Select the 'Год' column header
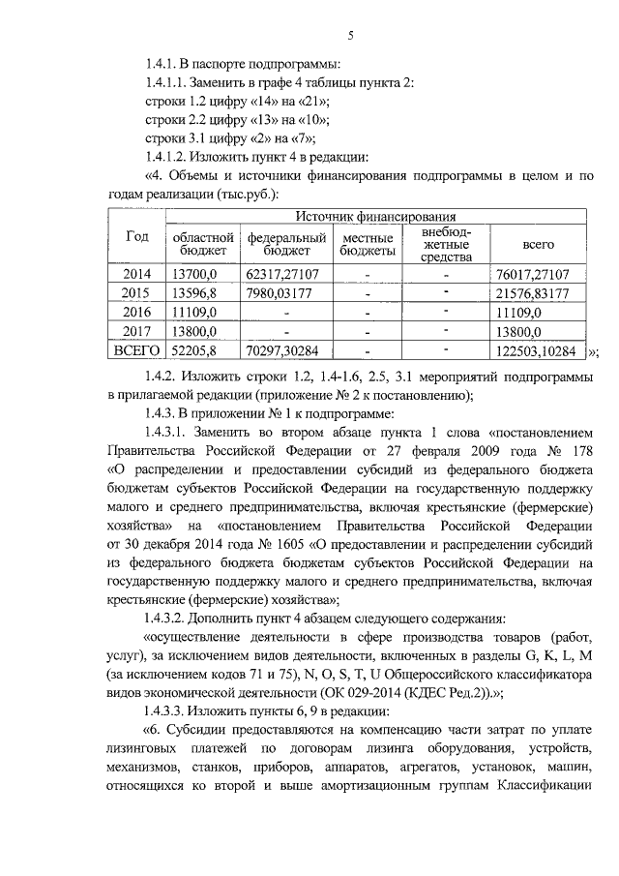[137, 237]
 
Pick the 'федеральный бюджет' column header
[286, 244]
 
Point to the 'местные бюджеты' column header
[368, 244]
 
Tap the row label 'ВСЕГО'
[137, 350]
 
